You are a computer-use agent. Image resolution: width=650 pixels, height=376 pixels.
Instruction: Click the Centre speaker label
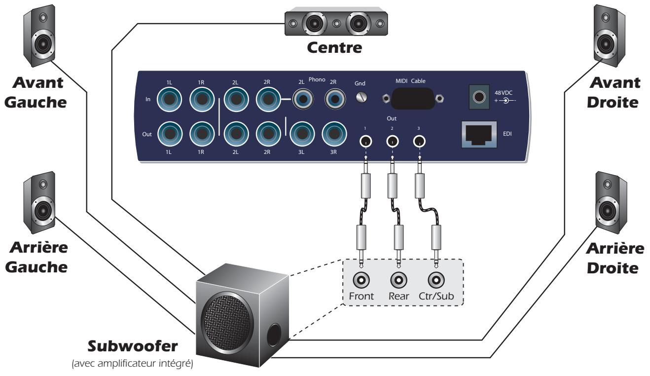(x=334, y=49)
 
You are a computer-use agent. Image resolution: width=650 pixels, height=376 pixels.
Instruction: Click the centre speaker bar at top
(x=334, y=23)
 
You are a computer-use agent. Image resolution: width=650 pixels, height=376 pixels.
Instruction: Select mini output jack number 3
(x=418, y=143)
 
